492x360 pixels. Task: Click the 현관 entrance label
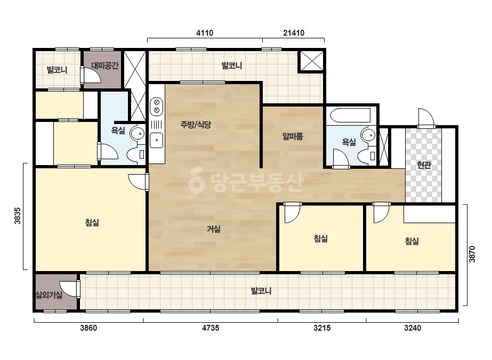(424, 165)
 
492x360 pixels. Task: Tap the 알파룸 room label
(293, 136)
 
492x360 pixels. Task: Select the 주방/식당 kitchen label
(196, 125)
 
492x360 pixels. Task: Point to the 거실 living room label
(213, 229)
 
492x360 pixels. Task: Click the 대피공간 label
(105, 66)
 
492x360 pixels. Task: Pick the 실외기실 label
(49, 295)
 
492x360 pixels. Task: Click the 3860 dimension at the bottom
(88, 328)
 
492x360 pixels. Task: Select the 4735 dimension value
(211, 328)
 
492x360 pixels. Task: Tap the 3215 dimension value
(322, 328)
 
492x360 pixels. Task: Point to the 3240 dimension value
(412, 328)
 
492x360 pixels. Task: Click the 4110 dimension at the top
(205, 33)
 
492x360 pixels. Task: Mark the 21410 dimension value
(294, 33)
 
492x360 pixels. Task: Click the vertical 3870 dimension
(472, 254)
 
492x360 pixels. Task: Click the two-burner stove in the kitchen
(156, 106)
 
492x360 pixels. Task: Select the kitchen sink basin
(156, 140)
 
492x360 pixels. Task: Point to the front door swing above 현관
(426, 117)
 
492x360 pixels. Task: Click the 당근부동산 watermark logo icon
(196, 179)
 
